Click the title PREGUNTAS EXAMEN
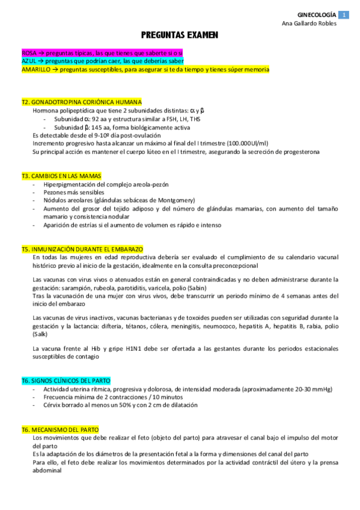coord(180,35)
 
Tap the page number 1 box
coord(343,14)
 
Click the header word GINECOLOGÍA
coord(317,14)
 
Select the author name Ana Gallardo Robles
coord(309,23)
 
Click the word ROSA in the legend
coord(29,53)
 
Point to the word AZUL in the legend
coord(28,61)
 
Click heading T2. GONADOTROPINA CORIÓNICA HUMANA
coord(81,102)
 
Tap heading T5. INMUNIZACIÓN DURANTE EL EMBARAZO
coord(82,249)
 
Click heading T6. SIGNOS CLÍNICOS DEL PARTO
coord(66,381)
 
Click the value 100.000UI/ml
coord(246,143)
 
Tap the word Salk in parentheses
coord(40,334)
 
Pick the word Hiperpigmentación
coord(72,184)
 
